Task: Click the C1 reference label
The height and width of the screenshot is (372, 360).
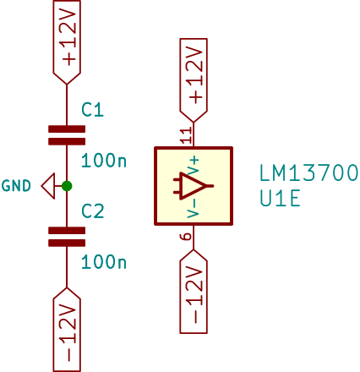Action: click(92, 110)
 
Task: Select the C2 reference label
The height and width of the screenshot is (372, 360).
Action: click(93, 211)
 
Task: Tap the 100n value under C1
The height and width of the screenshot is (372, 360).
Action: click(104, 161)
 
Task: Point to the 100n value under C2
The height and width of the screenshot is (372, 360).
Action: click(104, 262)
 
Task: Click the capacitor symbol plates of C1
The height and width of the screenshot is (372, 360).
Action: click(67, 135)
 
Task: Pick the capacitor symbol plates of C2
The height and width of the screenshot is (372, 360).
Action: click(67, 237)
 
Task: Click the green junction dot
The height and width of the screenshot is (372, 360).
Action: click(67, 186)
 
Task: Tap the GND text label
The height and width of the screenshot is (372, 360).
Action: click(16, 186)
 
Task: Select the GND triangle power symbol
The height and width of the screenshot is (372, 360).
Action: click(48, 186)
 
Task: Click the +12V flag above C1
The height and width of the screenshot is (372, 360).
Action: click(67, 42)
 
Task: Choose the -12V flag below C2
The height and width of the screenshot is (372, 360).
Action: click(67, 330)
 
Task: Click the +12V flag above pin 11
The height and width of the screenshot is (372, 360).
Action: click(194, 80)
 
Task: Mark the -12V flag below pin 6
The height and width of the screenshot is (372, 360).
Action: click(194, 292)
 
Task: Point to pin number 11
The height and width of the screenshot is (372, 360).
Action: click(187, 135)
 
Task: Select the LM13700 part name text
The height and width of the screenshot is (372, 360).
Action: click(308, 173)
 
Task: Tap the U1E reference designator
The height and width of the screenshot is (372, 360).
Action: click(280, 199)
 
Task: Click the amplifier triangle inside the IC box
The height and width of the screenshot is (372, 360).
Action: click(193, 186)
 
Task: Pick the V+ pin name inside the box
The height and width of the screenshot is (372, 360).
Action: click(194, 167)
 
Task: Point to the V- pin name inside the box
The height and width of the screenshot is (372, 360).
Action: click(194, 209)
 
